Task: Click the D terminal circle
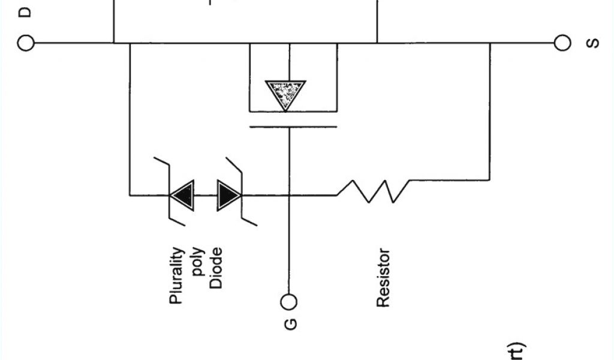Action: tap(26, 43)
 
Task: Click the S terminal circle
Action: tap(562, 43)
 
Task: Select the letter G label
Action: tap(290, 324)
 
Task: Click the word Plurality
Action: tap(176, 275)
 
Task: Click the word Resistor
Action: tap(383, 278)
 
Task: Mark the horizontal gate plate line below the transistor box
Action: tap(293, 127)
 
